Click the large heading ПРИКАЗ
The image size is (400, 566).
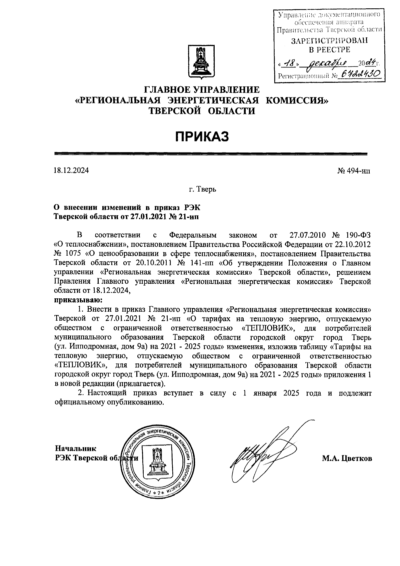click(202, 136)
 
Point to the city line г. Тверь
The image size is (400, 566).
click(202, 190)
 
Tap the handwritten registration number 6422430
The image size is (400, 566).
click(358, 75)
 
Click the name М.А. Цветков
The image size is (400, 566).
click(347, 459)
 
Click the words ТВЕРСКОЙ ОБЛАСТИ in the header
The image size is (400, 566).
click(202, 111)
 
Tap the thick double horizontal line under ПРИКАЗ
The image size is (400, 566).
click(211, 154)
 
